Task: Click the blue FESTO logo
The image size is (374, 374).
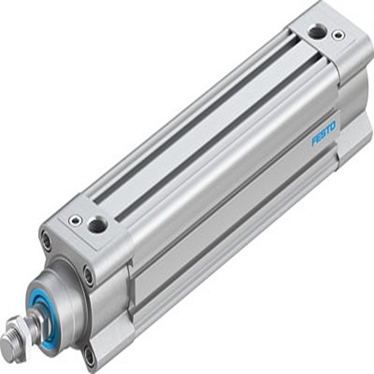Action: click(323, 133)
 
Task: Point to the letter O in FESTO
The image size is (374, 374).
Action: click(333, 126)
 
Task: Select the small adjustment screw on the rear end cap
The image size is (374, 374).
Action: click(338, 35)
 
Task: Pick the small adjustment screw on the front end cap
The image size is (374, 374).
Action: click(76, 221)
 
